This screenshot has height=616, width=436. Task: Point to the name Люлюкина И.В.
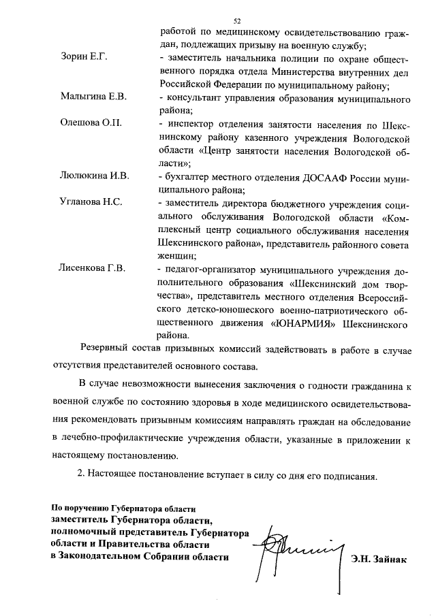[93, 177]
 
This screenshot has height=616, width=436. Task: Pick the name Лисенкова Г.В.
[92, 269]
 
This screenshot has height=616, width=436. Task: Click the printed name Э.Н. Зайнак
[379, 560]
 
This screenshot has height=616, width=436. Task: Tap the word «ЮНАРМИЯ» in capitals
[302, 322]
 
